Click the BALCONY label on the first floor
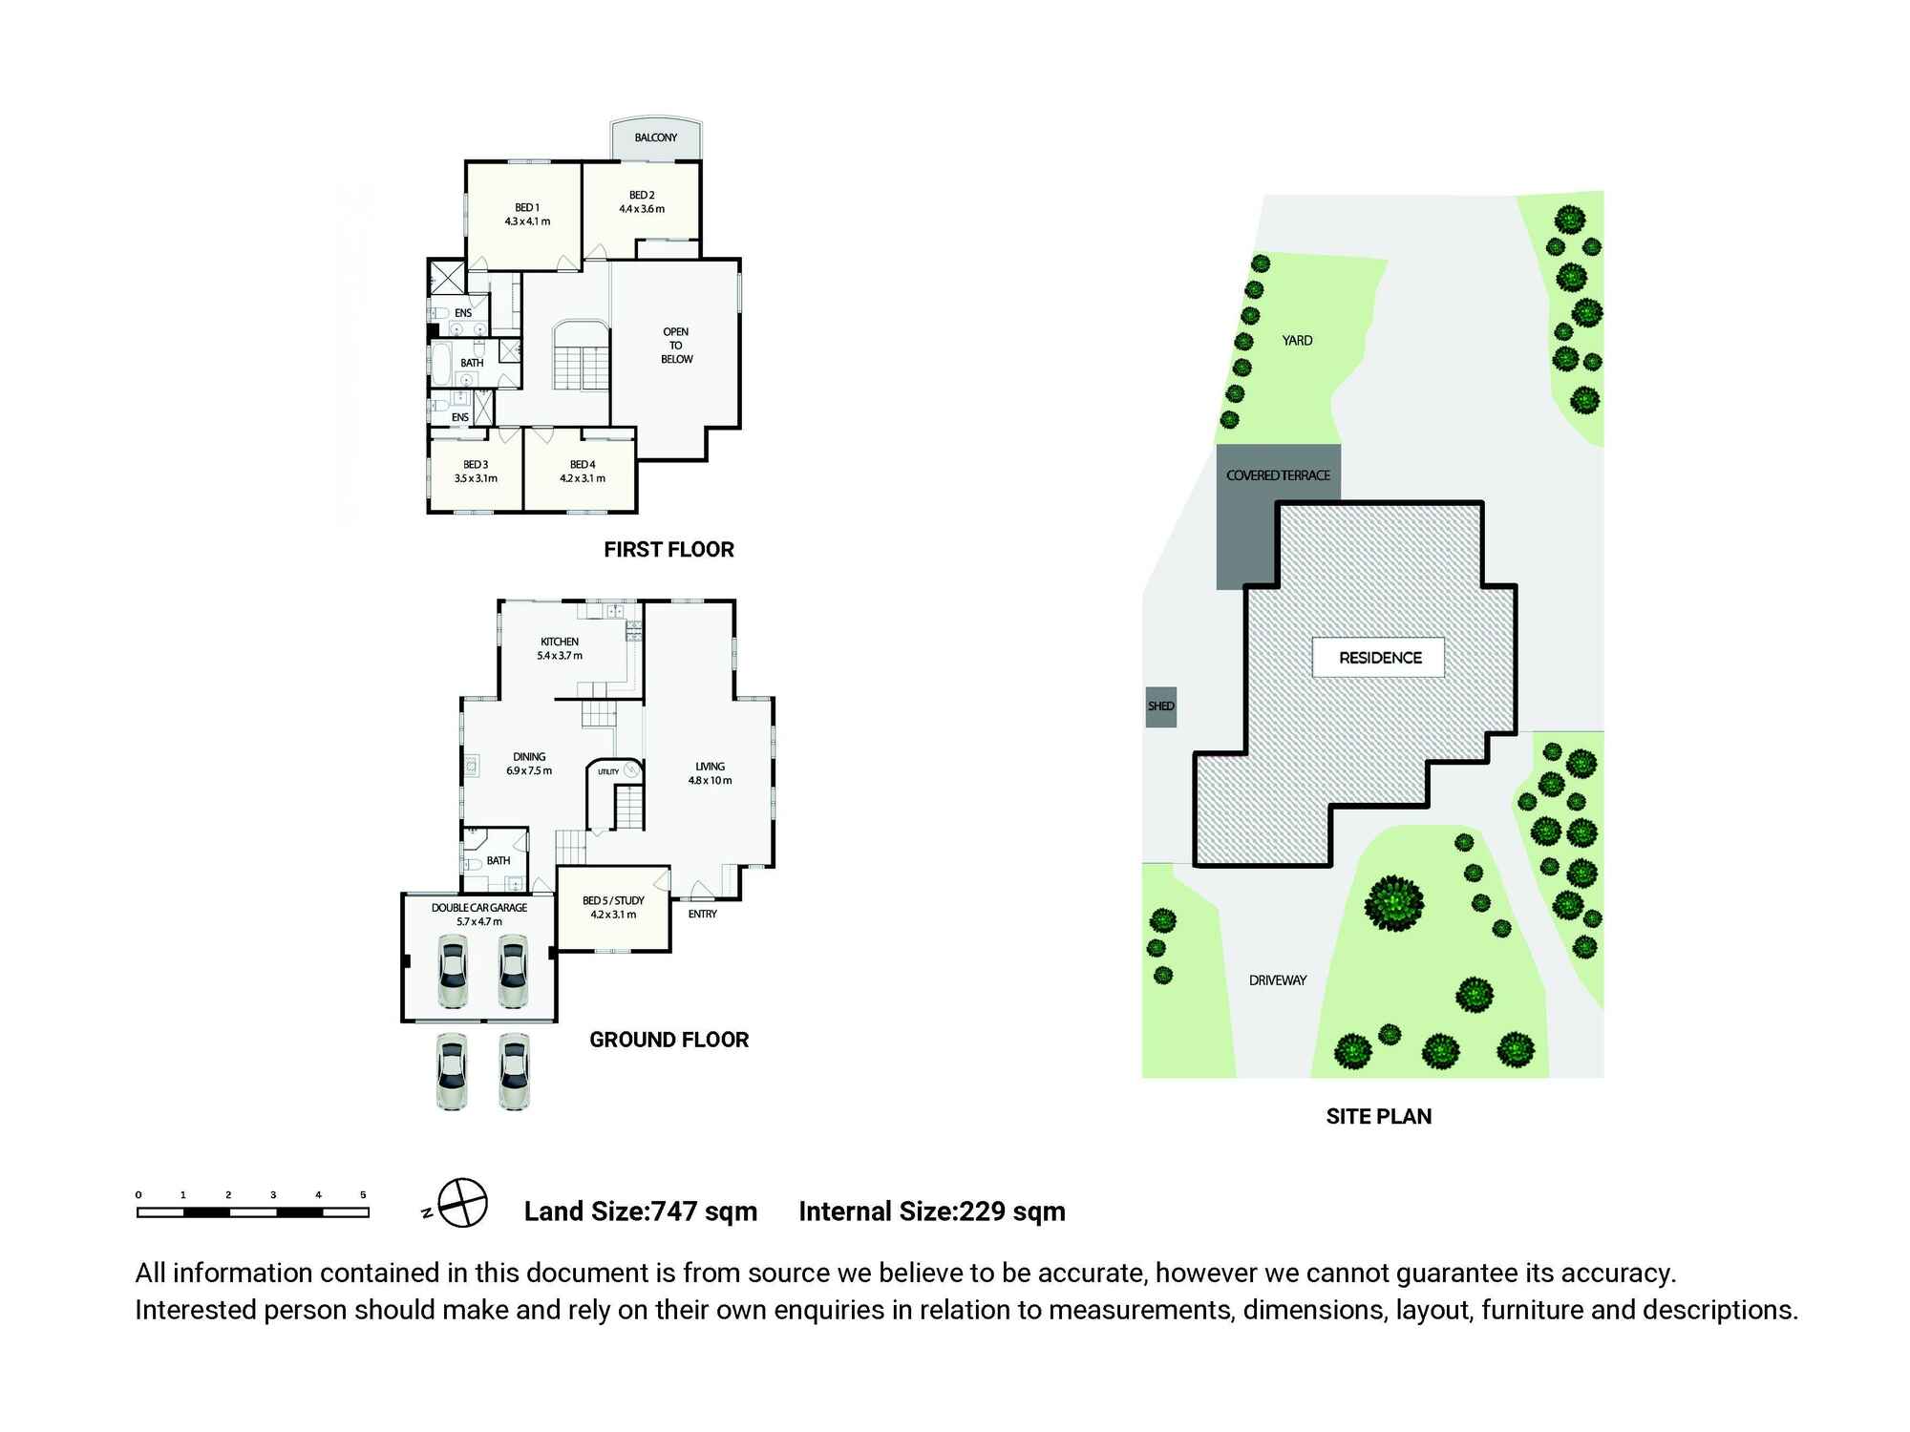(x=656, y=137)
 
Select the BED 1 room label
(x=527, y=208)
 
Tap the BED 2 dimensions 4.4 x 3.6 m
(x=642, y=209)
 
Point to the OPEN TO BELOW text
(x=676, y=346)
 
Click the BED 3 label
(x=476, y=465)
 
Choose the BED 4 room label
(x=583, y=465)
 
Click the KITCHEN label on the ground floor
(x=560, y=642)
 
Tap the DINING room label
(x=529, y=757)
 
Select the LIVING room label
(x=710, y=767)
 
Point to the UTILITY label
(x=608, y=771)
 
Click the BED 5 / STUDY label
(x=613, y=900)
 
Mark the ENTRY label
(x=702, y=915)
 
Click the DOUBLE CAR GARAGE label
(x=479, y=908)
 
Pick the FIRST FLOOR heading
(x=668, y=550)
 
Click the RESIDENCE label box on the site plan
(x=1379, y=658)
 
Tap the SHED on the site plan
(x=1160, y=706)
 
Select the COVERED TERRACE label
(x=1278, y=475)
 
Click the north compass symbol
(x=463, y=1204)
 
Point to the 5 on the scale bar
(x=363, y=1195)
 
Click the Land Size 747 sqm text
(x=640, y=1212)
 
